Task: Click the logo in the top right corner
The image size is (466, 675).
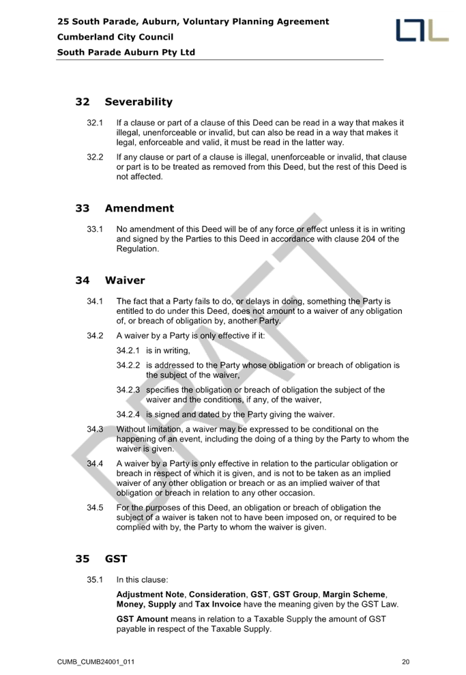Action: tap(422, 30)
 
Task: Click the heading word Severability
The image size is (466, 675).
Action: tap(139, 102)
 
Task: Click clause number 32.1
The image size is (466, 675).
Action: tap(95, 123)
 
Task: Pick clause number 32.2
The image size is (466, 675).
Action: tap(95, 157)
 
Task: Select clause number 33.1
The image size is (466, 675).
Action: tap(95, 229)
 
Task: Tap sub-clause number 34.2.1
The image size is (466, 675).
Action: tap(128, 351)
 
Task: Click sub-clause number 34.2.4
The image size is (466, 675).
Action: tap(128, 414)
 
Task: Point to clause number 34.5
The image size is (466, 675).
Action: tap(95, 508)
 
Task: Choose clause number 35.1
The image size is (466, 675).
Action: tap(95, 580)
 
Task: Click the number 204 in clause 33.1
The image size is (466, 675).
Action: tap(368, 239)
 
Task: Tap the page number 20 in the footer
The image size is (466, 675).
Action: tap(406, 662)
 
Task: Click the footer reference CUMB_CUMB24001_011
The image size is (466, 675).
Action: tap(96, 662)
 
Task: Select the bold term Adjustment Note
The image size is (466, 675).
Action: tap(150, 594)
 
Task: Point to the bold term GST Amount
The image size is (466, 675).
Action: tap(142, 619)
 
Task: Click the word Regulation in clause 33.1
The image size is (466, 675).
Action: tap(137, 249)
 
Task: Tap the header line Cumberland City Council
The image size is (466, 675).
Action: tap(115, 37)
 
